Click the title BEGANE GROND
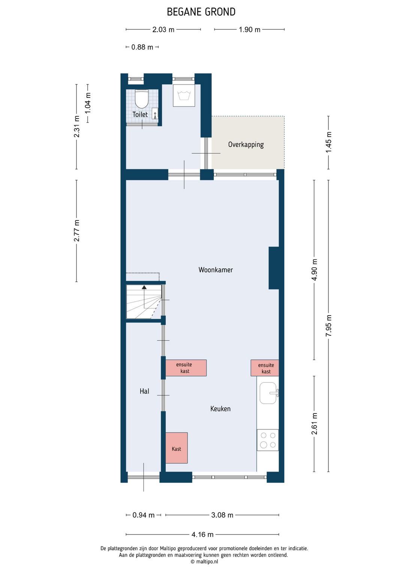click(201, 12)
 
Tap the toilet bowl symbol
click(141, 99)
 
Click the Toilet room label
click(140, 114)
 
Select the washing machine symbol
click(184, 95)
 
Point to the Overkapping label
click(246, 145)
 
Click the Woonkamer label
click(216, 270)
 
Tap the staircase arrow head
click(144, 287)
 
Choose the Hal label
click(144, 391)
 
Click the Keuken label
click(220, 409)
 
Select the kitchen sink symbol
click(269, 393)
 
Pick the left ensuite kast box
click(186, 368)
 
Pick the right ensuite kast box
click(264, 368)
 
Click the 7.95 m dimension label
click(328, 326)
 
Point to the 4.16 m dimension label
click(202, 535)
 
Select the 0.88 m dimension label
click(142, 47)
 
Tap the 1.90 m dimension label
click(249, 30)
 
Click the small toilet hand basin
click(155, 114)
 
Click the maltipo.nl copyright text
click(204, 562)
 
